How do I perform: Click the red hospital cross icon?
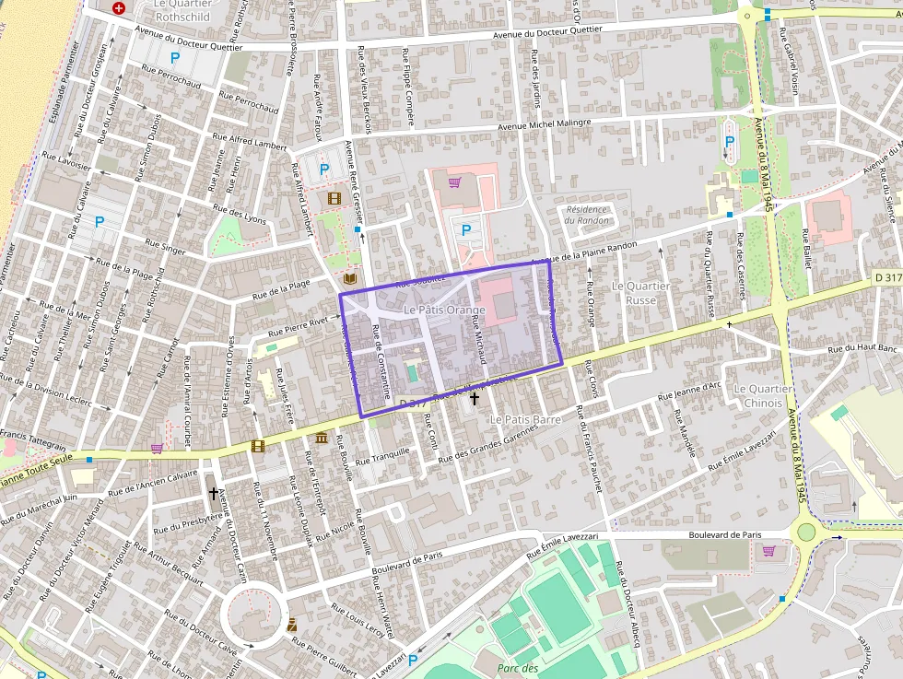click(119, 8)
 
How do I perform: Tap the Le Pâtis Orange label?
click(444, 310)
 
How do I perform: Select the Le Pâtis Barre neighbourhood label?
click(525, 419)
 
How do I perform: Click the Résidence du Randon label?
click(587, 215)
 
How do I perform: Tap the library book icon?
click(350, 278)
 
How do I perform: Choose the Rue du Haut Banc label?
click(862, 349)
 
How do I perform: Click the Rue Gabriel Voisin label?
click(792, 69)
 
